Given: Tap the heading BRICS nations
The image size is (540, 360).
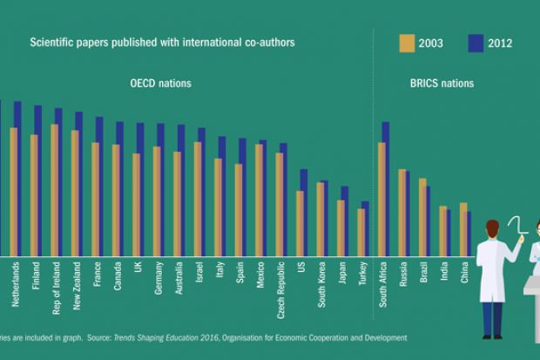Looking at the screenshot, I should tap(442, 84).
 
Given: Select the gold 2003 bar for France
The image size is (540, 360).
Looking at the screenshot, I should tap(95, 200).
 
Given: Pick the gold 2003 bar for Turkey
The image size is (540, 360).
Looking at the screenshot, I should tap(361, 233).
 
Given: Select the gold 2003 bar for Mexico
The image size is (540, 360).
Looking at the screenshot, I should tap(259, 200).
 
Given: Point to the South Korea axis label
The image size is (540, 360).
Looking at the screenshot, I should tap(322, 285).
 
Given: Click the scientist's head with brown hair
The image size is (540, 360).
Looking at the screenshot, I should tap(492, 230).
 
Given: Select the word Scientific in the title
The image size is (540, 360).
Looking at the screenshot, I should tap(53, 43).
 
